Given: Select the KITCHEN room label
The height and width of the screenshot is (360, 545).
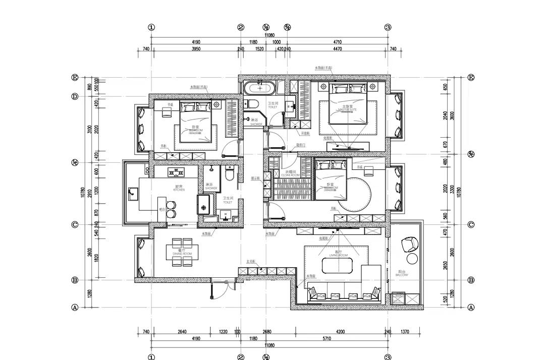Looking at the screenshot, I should tap(179, 189).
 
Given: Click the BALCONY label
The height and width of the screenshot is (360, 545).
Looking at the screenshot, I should tap(402, 274).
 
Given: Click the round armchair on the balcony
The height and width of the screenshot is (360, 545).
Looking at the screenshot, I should tap(409, 245).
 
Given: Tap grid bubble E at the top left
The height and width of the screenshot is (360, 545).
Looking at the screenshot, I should tap(75, 78).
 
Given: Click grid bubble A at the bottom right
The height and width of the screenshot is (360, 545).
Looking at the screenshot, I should tap(471, 307).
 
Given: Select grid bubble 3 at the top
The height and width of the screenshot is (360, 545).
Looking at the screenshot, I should tap(388, 27).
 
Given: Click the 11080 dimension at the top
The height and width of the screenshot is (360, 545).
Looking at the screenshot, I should tap(269, 35).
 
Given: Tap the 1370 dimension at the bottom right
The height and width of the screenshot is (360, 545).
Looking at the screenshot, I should tap(405, 331).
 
